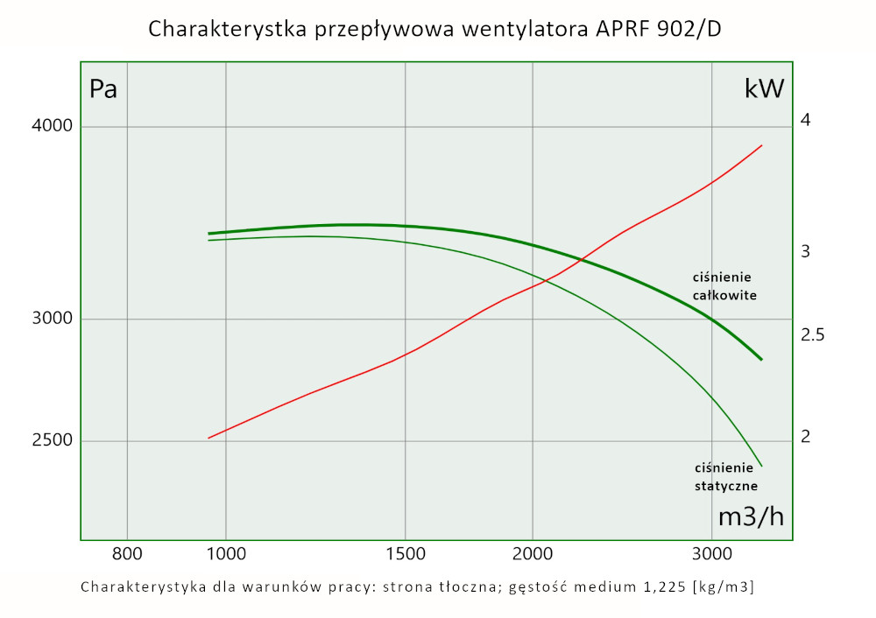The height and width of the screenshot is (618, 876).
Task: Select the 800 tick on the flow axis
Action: coord(128,553)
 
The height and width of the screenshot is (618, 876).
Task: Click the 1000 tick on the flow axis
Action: coord(226,553)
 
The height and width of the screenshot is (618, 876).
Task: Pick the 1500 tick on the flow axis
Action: coord(405,553)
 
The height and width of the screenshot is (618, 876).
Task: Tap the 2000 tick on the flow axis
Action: coord(533,553)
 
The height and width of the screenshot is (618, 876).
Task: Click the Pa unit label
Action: coord(103,89)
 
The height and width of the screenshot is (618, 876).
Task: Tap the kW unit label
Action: coord(764,89)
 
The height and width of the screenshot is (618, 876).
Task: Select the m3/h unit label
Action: coord(751,516)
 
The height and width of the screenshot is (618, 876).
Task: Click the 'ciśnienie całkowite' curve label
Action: coord(724,286)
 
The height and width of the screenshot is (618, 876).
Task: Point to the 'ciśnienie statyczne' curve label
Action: coord(725,475)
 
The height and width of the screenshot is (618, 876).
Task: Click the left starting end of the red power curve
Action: coord(208,438)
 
